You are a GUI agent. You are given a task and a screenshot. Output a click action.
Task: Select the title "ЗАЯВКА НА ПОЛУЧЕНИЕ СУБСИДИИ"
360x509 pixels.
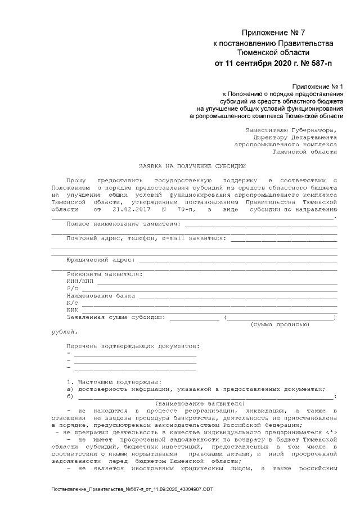192,166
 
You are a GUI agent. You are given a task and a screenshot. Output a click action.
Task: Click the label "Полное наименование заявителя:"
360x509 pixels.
124,223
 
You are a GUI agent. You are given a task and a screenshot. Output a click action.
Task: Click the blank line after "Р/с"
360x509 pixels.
208,289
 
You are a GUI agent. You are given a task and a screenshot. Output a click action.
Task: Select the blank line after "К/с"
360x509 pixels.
208,303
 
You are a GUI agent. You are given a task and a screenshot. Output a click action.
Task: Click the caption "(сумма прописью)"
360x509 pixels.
280,325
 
